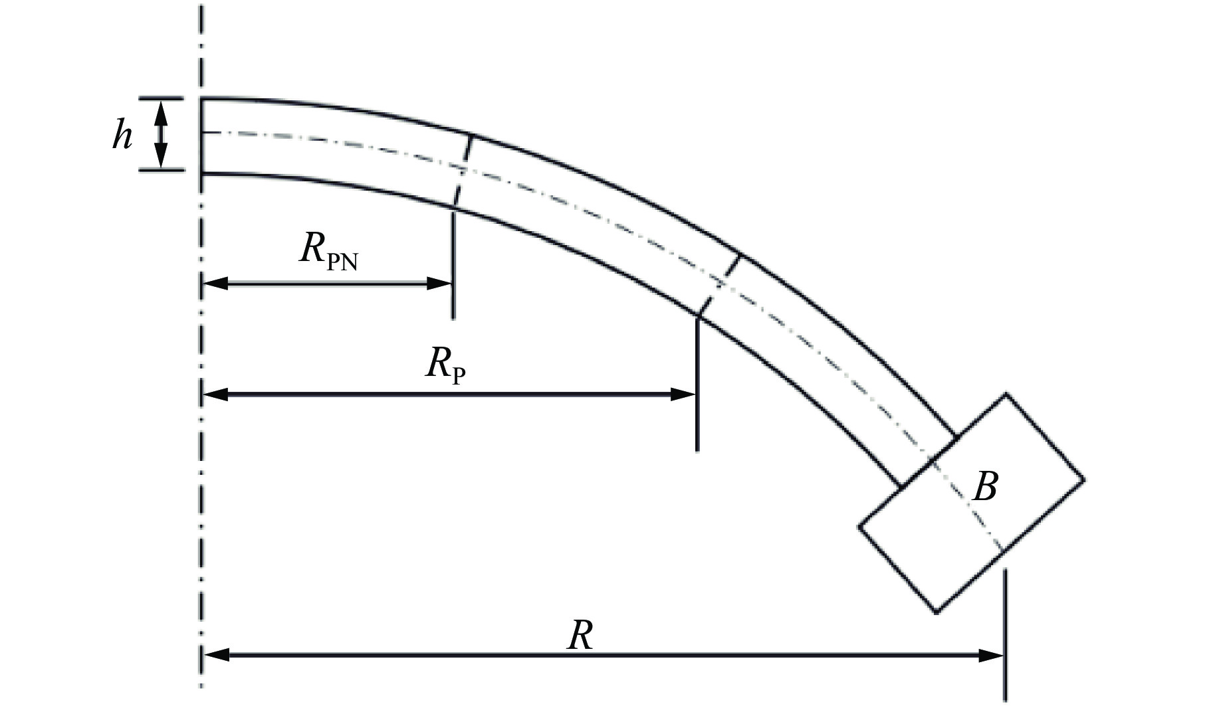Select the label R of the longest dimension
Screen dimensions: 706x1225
(x=580, y=636)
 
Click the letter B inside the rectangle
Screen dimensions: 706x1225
(x=984, y=487)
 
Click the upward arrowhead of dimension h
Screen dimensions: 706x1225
(x=160, y=112)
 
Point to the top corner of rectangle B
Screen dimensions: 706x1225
(x=1006, y=395)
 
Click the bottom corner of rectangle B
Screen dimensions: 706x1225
(x=937, y=612)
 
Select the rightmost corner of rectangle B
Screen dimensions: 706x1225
(x=1084, y=479)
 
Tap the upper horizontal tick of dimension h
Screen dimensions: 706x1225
(x=160, y=99)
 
